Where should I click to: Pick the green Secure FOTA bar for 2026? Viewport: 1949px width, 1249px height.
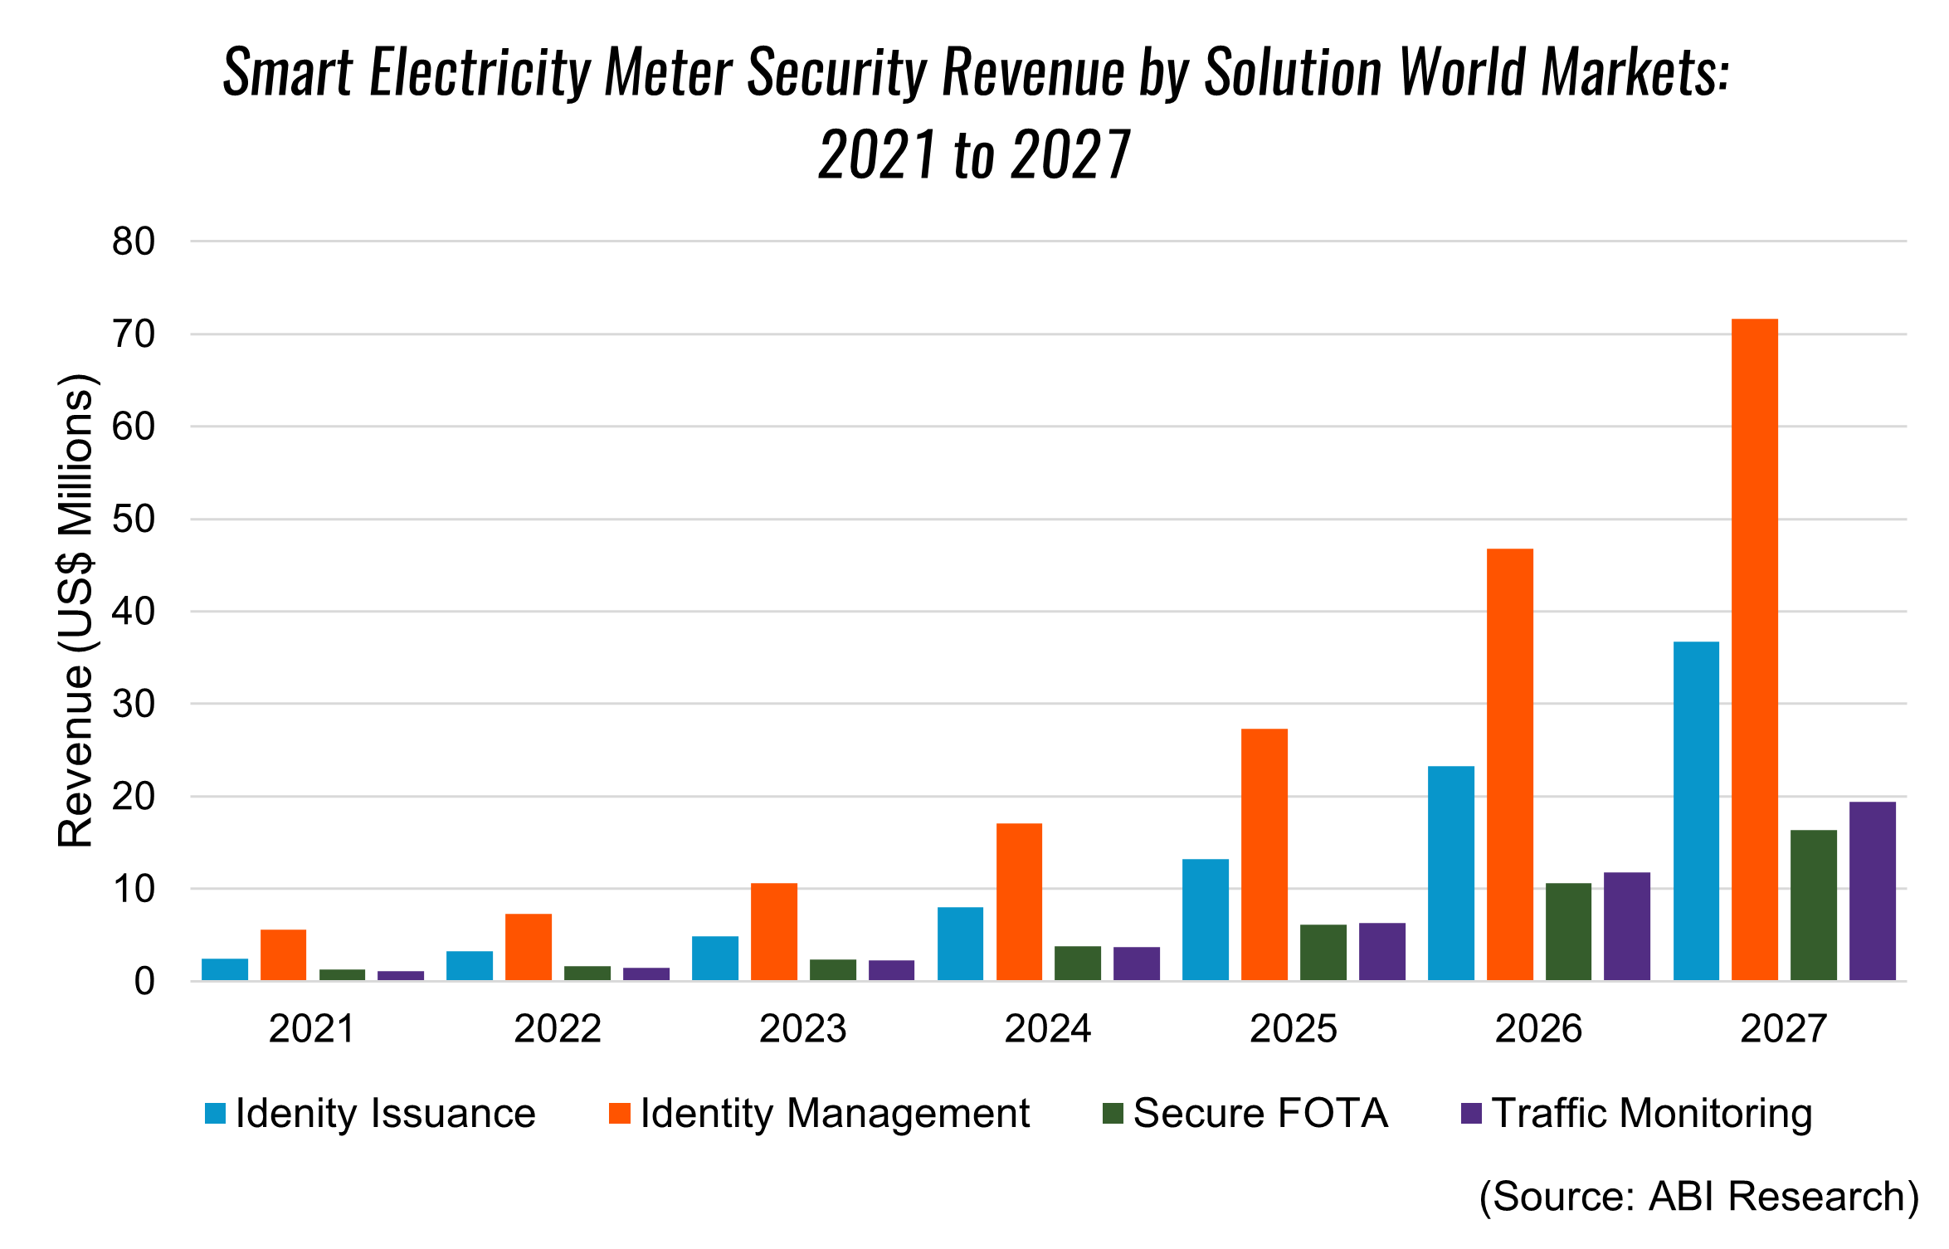click(1568, 931)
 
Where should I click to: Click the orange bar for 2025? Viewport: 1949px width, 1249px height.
click(1264, 855)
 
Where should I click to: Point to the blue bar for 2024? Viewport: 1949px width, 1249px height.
click(960, 944)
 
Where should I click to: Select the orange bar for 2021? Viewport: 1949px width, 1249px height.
click(283, 954)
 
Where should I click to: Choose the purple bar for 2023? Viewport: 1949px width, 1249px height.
click(891, 970)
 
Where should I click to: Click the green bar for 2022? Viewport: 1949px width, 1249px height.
click(587, 973)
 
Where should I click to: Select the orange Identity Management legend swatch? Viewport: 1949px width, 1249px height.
click(619, 1113)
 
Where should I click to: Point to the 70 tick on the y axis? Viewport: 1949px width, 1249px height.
click(134, 334)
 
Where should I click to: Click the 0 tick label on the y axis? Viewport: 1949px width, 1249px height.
click(144, 982)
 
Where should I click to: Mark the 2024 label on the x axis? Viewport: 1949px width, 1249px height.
click(1047, 1029)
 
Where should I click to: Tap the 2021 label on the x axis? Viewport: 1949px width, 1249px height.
click(312, 1029)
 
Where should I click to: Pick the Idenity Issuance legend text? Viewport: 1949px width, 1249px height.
click(385, 1113)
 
